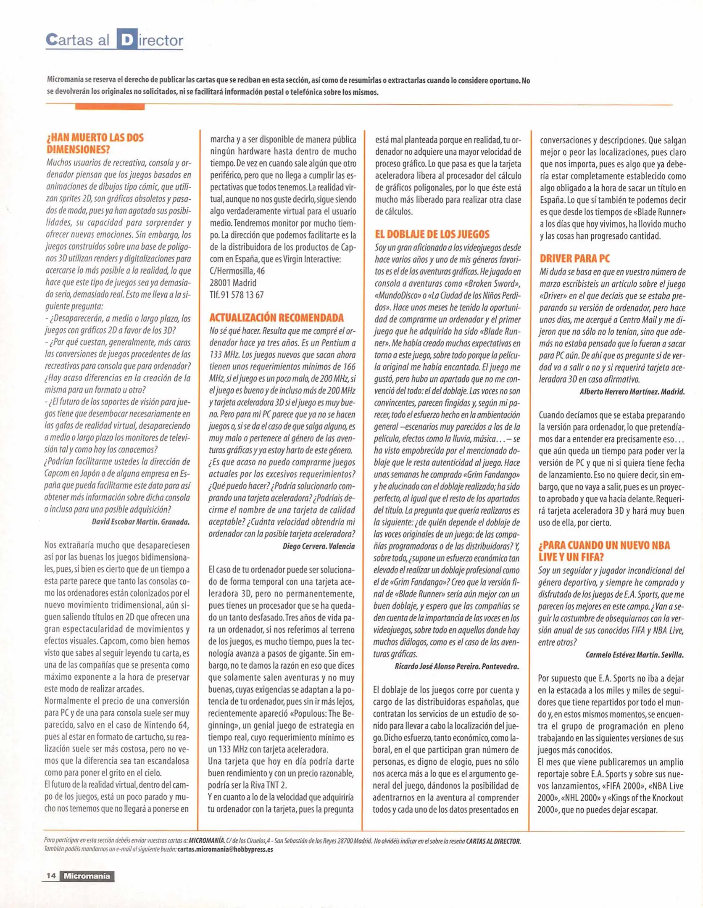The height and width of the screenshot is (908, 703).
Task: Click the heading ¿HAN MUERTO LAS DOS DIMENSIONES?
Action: [x=95, y=143]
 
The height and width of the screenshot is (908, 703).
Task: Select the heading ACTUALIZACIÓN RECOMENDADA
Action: [x=276, y=317]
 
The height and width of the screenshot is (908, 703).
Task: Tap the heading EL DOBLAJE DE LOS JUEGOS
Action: [x=432, y=234]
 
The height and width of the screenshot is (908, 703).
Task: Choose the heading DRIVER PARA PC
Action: [x=574, y=259]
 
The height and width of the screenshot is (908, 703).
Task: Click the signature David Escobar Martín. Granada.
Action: [x=141, y=522]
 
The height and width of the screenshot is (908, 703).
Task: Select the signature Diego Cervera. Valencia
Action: [x=319, y=546]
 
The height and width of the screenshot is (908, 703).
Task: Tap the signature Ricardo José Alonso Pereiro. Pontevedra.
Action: [x=457, y=666]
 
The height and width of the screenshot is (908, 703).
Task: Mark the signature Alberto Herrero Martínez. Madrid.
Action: [x=632, y=392]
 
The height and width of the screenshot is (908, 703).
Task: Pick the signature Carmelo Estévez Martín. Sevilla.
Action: [x=635, y=655]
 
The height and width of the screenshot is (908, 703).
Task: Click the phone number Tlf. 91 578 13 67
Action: [x=237, y=295]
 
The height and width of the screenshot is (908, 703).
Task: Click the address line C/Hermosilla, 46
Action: [x=237, y=271]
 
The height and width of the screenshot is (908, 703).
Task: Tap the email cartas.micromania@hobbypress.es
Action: [x=225, y=849]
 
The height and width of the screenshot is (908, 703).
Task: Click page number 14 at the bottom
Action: [x=51, y=876]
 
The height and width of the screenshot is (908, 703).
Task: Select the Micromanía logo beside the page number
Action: [x=87, y=876]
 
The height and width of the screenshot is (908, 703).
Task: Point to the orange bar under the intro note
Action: [x=110, y=107]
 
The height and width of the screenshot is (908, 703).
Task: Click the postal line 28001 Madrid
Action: [x=233, y=282]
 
